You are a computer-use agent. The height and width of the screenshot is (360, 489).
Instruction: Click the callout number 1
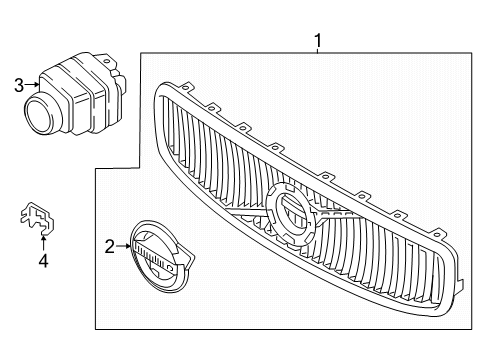click(x=318, y=41)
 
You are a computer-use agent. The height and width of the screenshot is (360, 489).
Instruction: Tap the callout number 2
click(x=110, y=244)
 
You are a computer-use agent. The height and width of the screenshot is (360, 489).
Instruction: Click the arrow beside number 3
click(x=34, y=86)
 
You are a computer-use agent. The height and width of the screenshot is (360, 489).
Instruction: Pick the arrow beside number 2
click(x=125, y=244)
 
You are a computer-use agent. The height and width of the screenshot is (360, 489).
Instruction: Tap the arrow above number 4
click(x=42, y=240)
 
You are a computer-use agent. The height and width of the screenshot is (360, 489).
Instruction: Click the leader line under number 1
click(x=318, y=52)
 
